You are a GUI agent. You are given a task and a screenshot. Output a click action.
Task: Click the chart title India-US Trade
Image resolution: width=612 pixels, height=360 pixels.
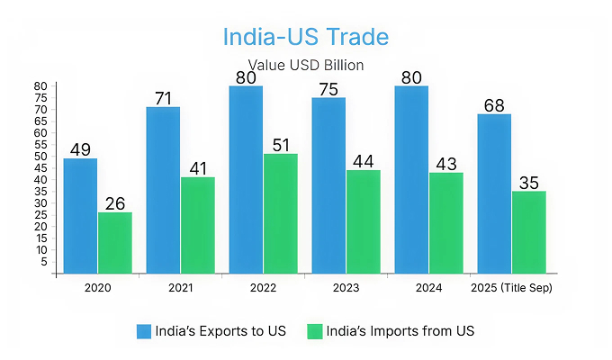point(305,38)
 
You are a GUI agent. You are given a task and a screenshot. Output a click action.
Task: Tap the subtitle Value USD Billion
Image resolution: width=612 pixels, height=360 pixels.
point(305,66)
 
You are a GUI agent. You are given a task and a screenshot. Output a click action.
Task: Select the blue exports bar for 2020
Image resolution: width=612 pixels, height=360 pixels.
point(80,216)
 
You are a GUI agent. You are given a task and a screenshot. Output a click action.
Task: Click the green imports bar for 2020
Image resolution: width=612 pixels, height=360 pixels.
point(115,243)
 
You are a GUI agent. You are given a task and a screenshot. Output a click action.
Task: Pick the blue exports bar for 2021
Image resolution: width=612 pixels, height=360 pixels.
point(163,190)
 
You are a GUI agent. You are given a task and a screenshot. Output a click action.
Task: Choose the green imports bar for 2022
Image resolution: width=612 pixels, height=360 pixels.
point(281,213)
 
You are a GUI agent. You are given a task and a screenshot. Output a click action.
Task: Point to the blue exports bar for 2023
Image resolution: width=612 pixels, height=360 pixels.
point(328,185)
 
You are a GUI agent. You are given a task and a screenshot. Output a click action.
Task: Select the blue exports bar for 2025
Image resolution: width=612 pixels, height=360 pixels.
point(494,193)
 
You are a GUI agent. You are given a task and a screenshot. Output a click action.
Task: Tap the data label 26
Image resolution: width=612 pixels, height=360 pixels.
point(115,202)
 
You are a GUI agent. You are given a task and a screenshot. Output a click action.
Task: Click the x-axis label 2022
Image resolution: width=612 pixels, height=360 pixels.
point(265,288)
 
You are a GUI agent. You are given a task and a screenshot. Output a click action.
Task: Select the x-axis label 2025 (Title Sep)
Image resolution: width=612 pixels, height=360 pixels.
point(511,288)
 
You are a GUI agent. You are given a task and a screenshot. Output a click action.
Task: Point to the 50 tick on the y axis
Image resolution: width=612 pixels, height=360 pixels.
point(40,157)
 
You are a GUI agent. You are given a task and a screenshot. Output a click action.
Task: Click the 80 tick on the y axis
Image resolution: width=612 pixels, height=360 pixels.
point(40,86)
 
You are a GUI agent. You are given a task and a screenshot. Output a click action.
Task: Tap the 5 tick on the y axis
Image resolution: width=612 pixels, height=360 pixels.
point(43,262)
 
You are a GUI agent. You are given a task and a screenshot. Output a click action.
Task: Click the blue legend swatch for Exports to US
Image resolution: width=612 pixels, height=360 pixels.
point(144,331)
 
